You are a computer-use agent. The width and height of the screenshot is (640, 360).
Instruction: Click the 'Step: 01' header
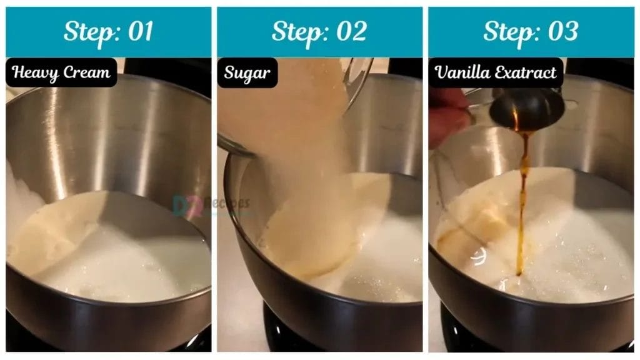tap(108, 32)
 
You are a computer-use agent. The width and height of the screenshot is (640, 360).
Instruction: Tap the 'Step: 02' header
tap(319, 32)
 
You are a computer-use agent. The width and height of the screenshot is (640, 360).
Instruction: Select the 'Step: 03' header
tap(531, 32)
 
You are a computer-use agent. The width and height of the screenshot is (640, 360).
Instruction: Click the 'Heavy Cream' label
tap(61, 72)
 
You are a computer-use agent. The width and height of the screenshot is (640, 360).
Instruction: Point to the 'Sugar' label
tap(247, 72)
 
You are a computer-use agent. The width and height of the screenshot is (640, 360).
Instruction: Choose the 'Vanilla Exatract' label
tap(496, 72)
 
